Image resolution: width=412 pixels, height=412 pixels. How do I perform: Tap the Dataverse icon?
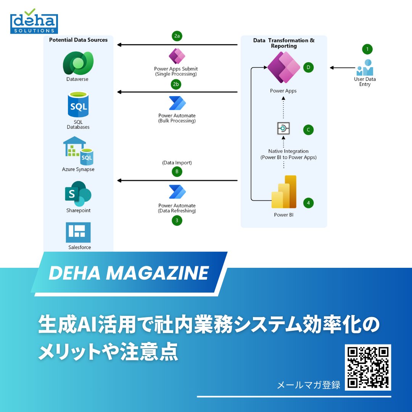[x=78, y=63]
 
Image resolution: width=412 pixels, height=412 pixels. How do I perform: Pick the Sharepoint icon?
[x=78, y=194]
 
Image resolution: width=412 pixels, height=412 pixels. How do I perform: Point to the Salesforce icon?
[x=78, y=232]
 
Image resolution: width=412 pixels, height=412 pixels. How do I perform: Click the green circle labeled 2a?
[x=177, y=36]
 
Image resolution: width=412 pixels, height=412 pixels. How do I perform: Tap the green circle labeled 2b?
[x=175, y=84]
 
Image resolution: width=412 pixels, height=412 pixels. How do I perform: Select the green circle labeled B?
[x=177, y=172]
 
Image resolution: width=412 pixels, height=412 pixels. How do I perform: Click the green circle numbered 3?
[x=177, y=220]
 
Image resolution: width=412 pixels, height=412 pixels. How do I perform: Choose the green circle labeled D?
[x=308, y=68]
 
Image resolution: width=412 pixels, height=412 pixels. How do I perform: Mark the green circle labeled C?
[x=308, y=130]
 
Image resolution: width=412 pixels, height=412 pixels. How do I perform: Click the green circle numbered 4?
[x=308, y=203]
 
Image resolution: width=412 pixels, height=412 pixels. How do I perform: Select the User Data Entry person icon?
[x=365, y=68]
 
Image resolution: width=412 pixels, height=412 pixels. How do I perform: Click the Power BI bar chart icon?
[x=284, y=192]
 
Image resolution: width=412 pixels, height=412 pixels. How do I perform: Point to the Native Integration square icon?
[x=283, y=129]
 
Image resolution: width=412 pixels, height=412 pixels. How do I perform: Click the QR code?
[x=368, y=367]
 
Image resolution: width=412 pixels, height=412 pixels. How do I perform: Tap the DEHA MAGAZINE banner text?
[x=129, y=273]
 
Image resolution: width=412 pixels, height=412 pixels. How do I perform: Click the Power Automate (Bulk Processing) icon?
[x=177, y=103]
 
